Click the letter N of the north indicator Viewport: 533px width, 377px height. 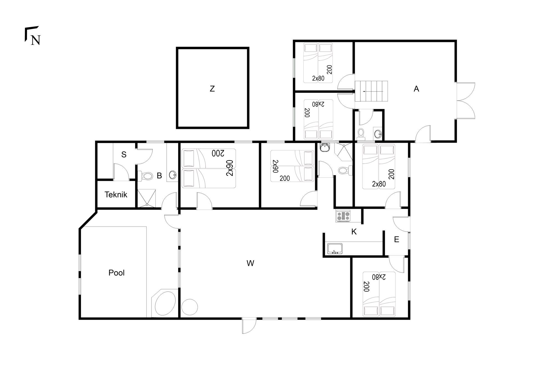click(x=36, y=40)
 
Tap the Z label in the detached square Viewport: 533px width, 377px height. click(x=212, y=89)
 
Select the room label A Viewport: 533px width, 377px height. click(x=416, y=89)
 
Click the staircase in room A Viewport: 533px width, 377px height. click(x=371, y=91)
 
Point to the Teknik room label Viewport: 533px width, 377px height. click(x=116, y=195)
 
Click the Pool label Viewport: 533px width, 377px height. click(x=116, y=273)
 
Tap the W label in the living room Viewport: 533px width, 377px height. click(x=250, y=263)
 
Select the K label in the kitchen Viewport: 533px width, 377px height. click(x=354, y=232)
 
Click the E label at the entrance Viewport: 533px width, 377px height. click(x=396, y=239)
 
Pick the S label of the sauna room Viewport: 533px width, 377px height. click(x=124, y=155)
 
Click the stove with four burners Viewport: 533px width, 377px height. click(x=343, y=216)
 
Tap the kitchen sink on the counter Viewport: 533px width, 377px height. click(x=335, y=248)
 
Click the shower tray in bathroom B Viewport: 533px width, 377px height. click(x=147, y=198)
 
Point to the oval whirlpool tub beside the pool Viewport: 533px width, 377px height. click(x=165, y=303)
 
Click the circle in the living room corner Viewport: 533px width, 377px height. click(x=190, y=307)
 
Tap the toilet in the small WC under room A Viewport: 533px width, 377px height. click(x=361, y=134)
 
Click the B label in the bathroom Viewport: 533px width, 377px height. click(x=159, y=176)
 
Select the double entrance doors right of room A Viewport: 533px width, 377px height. click(x=465, y=101)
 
